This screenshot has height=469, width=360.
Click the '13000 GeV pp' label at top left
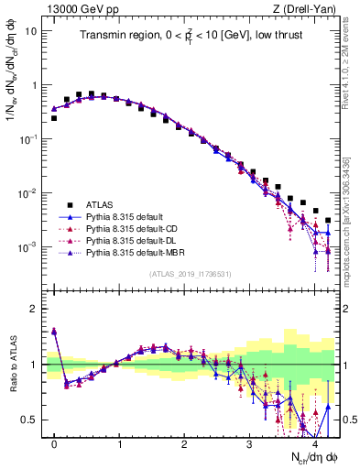76,10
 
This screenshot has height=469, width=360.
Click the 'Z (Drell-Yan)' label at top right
307,10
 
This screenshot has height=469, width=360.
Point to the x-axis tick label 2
185,444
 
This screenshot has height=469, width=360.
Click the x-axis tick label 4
314,444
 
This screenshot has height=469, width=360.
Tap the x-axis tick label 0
55,444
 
